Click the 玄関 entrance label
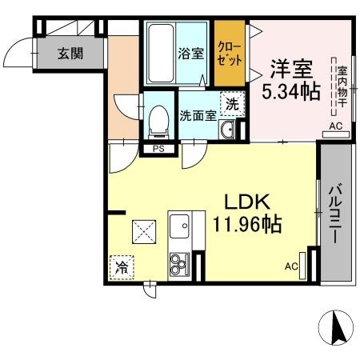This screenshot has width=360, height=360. pyautogui.click(x=70, y=54)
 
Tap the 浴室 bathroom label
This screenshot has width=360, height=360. pyautogui.click(x=191, y=54)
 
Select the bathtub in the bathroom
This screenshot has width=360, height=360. pyautogui.click(x=161, y=54)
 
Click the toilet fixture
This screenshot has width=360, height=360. pyautogui.click(x=159, y=122)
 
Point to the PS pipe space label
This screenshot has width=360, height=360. pyautogui.click(x=158, y=149)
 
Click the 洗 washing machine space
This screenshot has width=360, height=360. pyautogui.click(x=232, y=104)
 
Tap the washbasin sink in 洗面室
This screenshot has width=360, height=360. pyautogui.click(x=227, y=130)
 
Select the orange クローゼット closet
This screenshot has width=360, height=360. pyautogui.click(x=230, y=54)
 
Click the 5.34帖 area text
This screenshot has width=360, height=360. pyautogui.click(x=291, y=91)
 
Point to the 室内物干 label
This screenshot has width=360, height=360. pyautogui.click(x=342, y=86)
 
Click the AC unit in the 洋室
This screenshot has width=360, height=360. pyautogui.click(x=336, y=134)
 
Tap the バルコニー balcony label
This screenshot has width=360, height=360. pyautogui.click(x=335, y=214)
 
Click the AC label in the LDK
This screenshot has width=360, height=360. pyautogui.click(x=291, y=266)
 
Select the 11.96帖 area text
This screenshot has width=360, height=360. pyautogui.click(x=247, y=225)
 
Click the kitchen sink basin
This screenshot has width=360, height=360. pyautogui.click(x=179, y=226)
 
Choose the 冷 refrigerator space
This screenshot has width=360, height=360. pyautogui.click(x=122, y=267)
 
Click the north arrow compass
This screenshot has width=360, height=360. pyautogui.click(x=336, y=327)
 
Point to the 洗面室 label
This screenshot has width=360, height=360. pyautogui.click(x=198, y=115)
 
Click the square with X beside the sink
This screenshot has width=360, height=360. pyautogui.click(x=144, y=232)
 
